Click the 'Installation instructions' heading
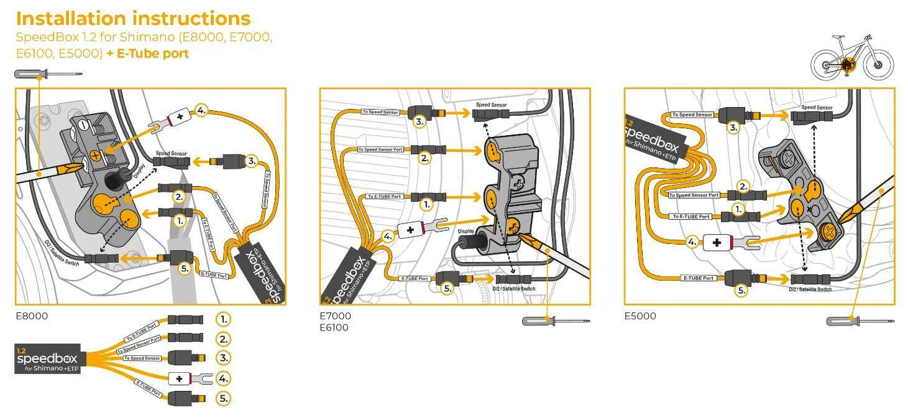coord(133,18)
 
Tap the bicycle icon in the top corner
coord(851,57)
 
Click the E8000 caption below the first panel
coord(31,316)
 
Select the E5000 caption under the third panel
coord(640,316)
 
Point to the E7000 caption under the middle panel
coord(335,316)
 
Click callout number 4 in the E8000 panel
coord(201,111)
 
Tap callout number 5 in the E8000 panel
coord(184,268)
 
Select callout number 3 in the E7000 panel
coord(420,122)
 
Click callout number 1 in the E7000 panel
coord(426,204)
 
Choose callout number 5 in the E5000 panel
coord(741,289)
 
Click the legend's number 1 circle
coord(223,319)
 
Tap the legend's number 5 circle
coord(223,398)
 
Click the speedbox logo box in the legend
coord(48,358)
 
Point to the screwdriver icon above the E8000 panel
coord(48,75)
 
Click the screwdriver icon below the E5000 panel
coord(860,321)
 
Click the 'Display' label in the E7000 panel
coord(466,230)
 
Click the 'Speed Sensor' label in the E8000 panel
coord(171,153)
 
